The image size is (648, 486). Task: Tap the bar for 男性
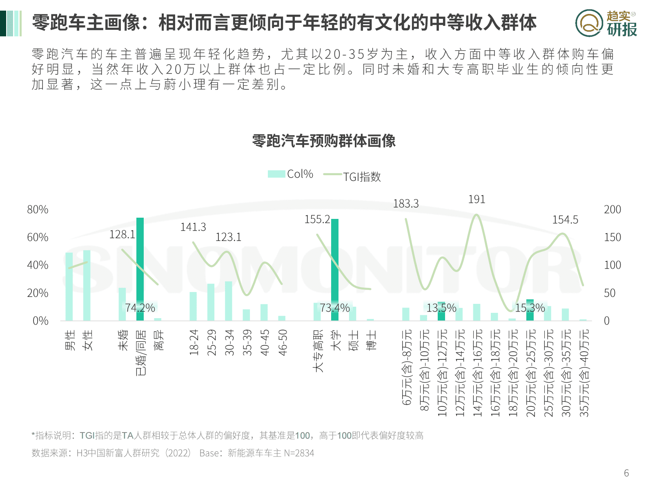[x=69, y=286]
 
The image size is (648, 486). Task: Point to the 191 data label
[x=477, y=200]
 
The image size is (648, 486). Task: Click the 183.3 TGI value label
[x=405, y=204]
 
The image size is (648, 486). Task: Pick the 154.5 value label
[x=565, y=220]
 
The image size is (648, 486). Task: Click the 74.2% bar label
[x=140, y=308]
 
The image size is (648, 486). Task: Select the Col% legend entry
[x=291, y=174]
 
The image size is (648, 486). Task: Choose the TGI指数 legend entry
[x=352, y=176]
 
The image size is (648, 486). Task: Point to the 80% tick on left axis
[x=38, y=210]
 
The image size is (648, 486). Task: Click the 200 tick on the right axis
[x=612, y=210]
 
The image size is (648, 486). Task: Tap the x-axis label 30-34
[x=229, y=342]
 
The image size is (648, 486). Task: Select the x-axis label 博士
[x=371, y=340]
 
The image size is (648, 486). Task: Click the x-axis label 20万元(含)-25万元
[x=530, y=373]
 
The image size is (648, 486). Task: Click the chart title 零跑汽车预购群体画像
[x=324, y=141]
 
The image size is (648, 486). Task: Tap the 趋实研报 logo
[x=606, y=23]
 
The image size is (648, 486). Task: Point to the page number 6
[x=626, y=473]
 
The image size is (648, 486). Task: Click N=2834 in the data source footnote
[x=299, y=453]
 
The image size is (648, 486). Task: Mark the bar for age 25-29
[x=211, y=302]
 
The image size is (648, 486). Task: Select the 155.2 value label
[x=317, y=220]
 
